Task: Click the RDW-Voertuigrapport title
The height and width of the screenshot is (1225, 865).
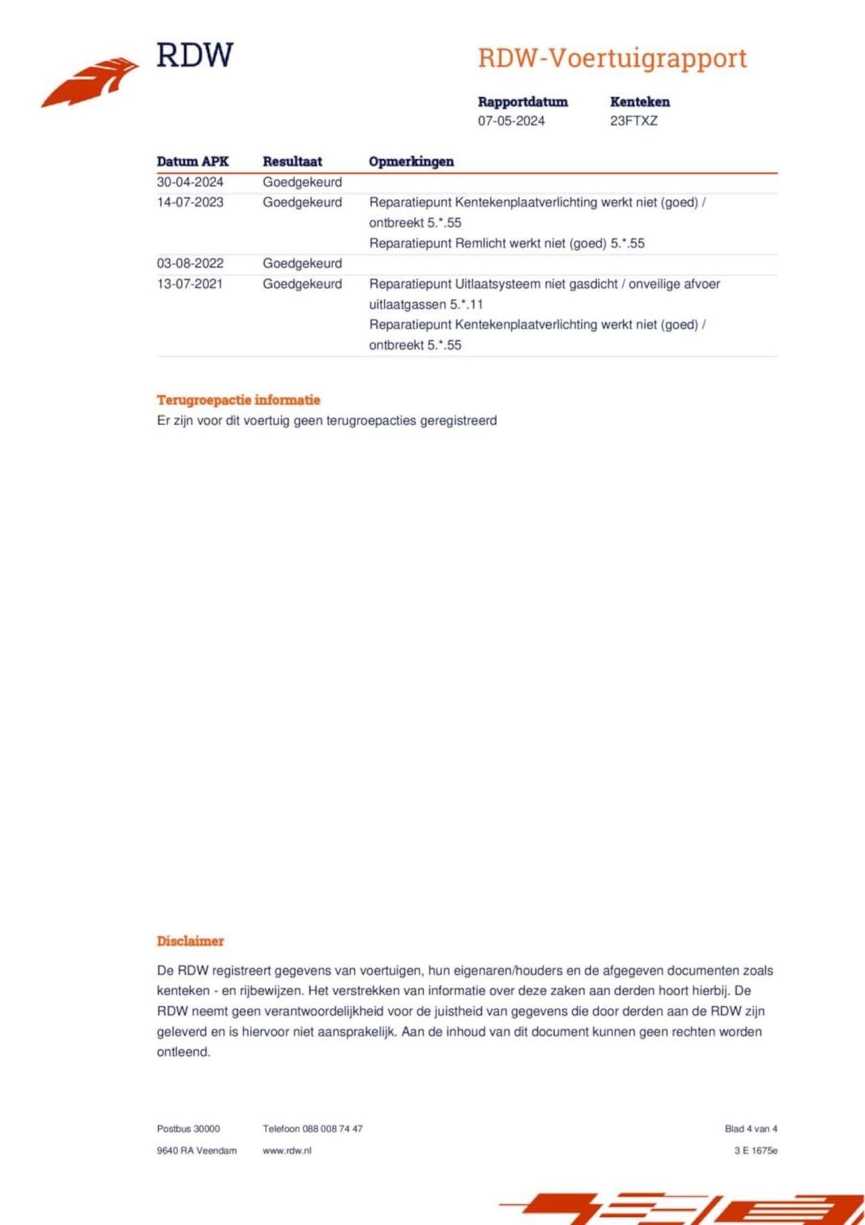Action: (x=612, y=59)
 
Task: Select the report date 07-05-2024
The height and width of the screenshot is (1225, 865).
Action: (x=511, y=121)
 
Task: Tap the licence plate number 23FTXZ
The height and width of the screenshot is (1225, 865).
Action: (x=633, y=121)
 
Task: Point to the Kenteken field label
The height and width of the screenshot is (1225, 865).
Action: (x=639, y=102)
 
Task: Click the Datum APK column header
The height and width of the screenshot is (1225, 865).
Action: (x=193, y=162)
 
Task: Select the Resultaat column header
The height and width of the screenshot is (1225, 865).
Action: (x=292, y=162)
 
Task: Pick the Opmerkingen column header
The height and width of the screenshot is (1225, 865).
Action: (x=411, y=162)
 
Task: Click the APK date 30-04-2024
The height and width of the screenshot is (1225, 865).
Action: (x=190, y=182)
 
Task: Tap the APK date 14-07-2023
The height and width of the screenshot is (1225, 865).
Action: (x=190, y=202)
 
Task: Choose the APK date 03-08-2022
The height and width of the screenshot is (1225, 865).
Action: (x=190, y=264)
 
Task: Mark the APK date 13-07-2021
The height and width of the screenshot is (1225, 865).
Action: (x=190, y=284)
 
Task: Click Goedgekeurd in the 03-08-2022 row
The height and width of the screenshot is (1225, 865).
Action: (x=302, y=264)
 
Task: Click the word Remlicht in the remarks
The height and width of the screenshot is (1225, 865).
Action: (x=478, y=243)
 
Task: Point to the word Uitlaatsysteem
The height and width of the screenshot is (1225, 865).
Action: (x=497, y=284)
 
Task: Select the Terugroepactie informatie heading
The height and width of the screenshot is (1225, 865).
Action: (x=239, y=400)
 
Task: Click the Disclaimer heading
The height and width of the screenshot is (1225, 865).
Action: (x=190, y=941)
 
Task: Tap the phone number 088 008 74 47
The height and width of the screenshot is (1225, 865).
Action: (x=332, y=1128)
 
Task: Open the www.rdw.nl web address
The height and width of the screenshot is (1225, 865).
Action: (x=287, y=1150)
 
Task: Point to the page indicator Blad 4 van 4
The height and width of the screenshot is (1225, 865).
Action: (x=751, y=1128)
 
